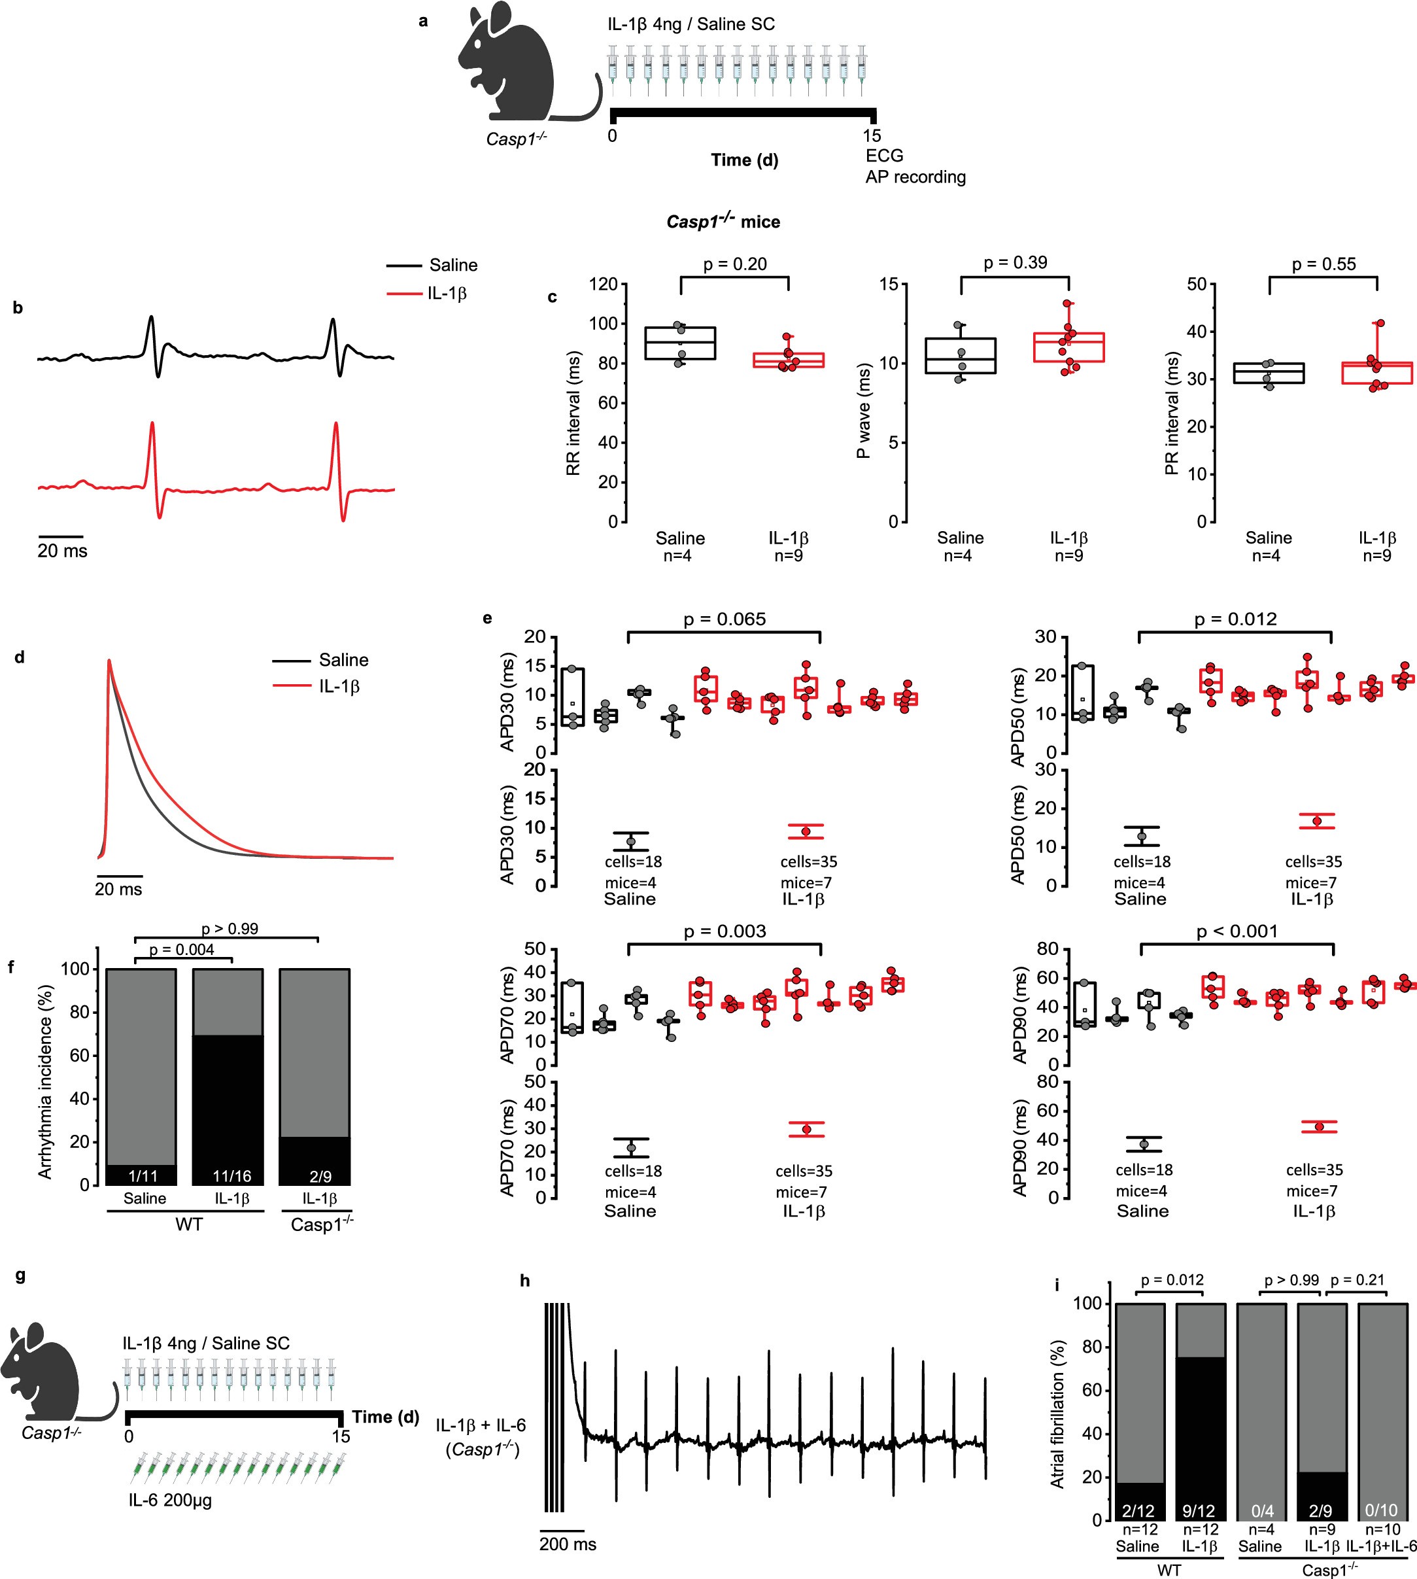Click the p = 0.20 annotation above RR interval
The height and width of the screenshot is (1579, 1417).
point(734,264)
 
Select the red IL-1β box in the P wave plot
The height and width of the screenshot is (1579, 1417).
point(1068,347)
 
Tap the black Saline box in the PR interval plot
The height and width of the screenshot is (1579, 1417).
point(1269,373)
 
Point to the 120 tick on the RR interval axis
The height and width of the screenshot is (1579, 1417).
point(604,284)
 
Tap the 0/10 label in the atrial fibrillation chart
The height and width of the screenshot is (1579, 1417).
point(1381,1510)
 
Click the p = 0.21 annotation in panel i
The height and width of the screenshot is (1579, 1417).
point(1357,1280)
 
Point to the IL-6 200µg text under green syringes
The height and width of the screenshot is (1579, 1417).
point(171,1501)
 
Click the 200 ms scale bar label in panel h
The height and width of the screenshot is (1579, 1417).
point(568,1544)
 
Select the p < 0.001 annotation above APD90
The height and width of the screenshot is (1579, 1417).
point(1237,931)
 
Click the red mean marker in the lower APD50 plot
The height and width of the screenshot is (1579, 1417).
point(1316,822)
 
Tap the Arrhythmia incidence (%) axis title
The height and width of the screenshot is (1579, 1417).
point(45,1083)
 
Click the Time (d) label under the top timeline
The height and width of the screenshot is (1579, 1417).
point(744,160)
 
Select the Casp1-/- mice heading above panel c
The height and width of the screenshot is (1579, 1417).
point(723,222)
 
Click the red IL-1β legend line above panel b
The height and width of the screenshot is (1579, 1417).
point(403,294)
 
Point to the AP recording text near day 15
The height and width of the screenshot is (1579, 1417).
point(915,177)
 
